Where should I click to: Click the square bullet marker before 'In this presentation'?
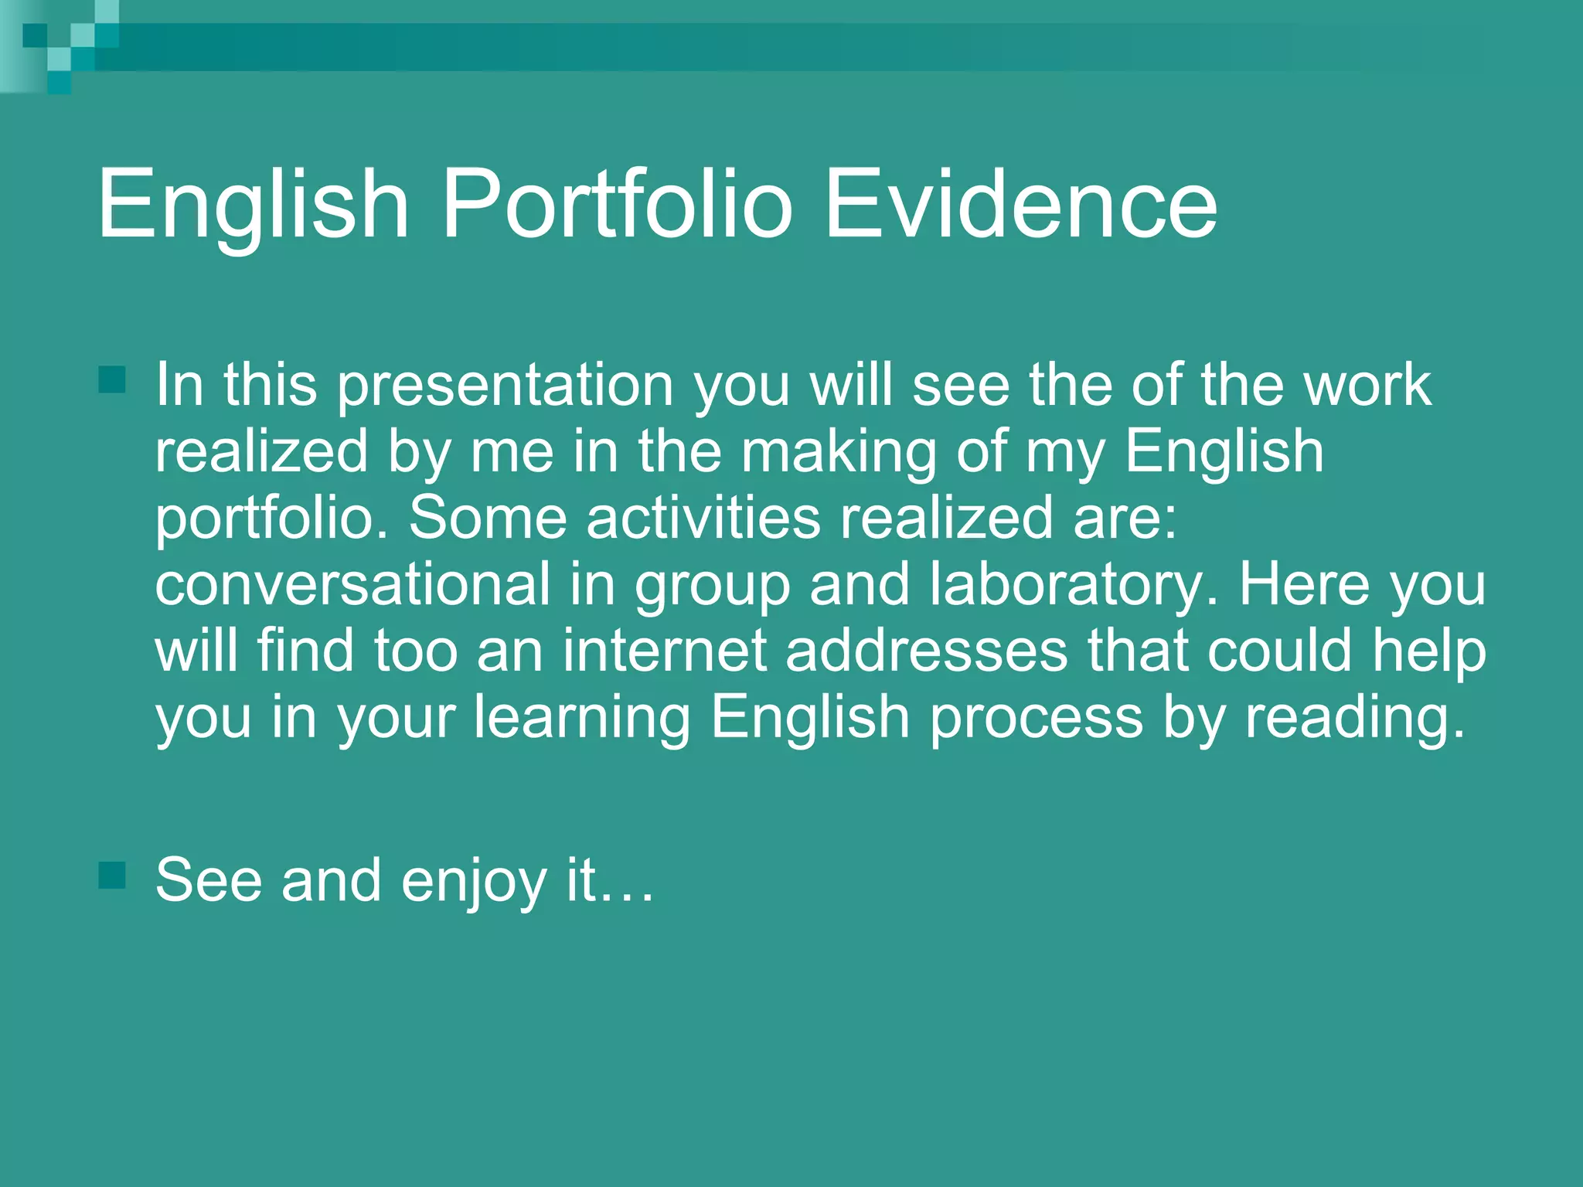coord(113,379)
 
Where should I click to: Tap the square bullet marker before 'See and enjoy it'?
coord(113,875)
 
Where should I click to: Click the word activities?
coord(703,517)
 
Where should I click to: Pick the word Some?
coord(488,517)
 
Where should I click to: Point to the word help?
coord(1429,651)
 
